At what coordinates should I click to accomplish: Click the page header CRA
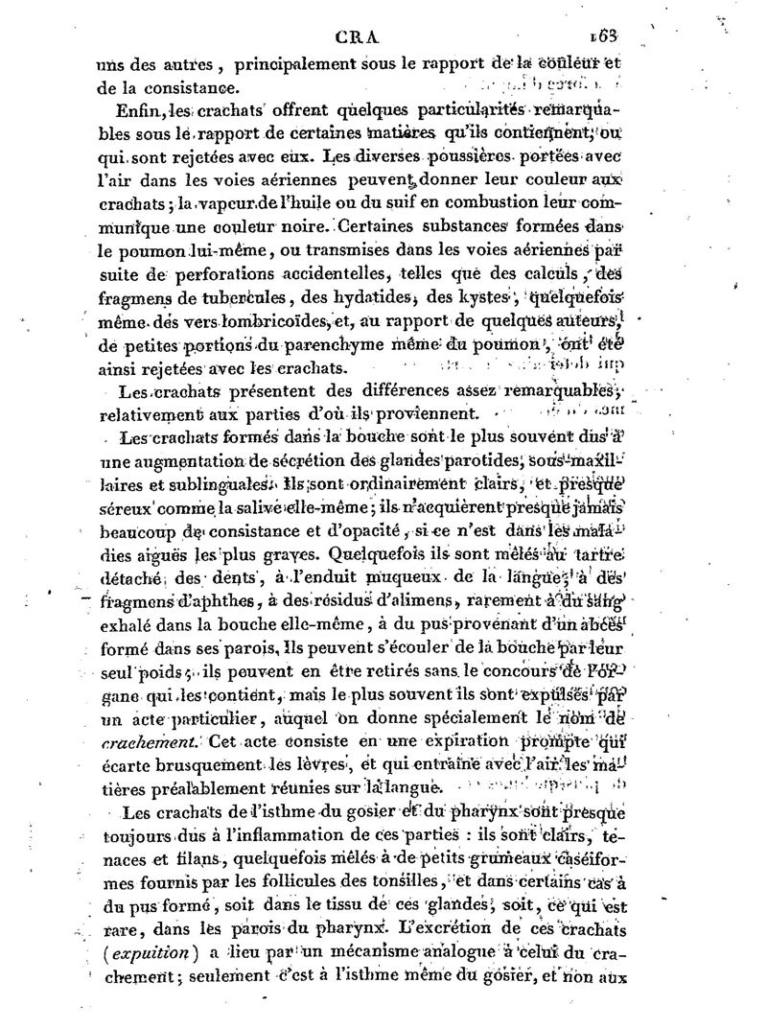[359, 39]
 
